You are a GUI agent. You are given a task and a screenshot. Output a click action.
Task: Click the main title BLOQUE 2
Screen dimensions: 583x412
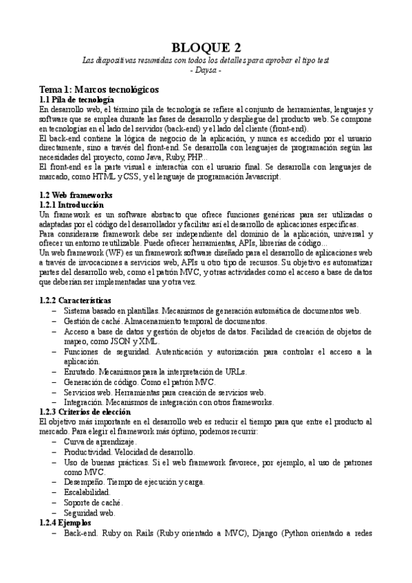tap(206, 47)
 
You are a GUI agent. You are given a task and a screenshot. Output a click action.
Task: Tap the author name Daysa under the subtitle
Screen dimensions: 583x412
tap(206, 70)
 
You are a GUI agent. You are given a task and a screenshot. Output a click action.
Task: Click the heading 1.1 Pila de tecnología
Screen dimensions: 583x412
tap(76, 100)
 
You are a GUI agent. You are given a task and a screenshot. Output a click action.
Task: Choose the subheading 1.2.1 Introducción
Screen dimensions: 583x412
tap(72, 205)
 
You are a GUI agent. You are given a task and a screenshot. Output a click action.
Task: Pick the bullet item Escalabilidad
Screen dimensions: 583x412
tap(86, 492)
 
